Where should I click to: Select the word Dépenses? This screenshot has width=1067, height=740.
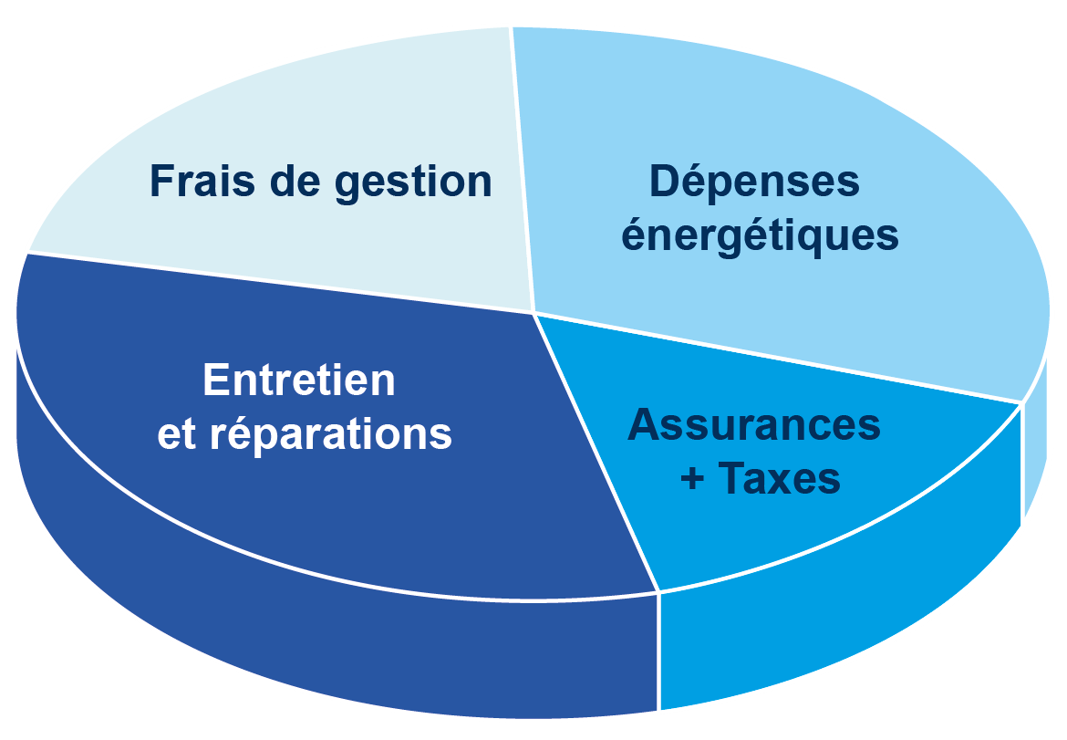pos(754,182)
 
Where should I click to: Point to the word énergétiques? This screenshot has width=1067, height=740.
pos(760,235)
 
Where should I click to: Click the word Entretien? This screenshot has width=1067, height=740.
pos(299,380)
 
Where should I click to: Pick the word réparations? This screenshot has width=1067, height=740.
pos(331,434)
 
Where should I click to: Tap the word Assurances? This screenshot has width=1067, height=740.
pos(754,424)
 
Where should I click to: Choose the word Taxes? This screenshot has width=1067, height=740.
pos(779,478)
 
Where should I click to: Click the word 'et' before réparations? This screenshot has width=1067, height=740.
pos(177,435)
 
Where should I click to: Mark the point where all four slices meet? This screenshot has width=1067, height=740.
pos(533,313)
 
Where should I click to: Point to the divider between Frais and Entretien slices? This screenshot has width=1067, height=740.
pos(274,282)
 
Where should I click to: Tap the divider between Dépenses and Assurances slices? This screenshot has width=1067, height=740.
pos(775,357)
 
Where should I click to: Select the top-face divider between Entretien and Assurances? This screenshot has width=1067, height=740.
pos(597,456)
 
